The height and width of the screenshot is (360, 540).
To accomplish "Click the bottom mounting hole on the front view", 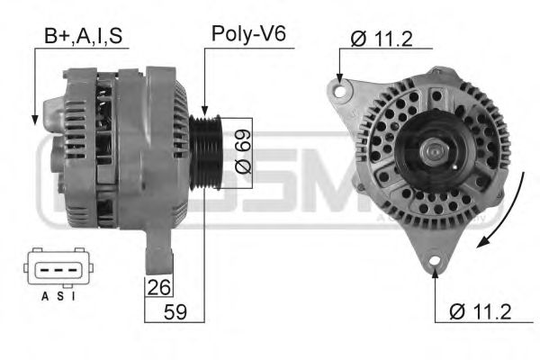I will tap(435, 263).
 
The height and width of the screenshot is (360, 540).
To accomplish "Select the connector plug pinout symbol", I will tap(57, 267).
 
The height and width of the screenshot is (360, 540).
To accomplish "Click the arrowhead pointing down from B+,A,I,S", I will tap(33, 120).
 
